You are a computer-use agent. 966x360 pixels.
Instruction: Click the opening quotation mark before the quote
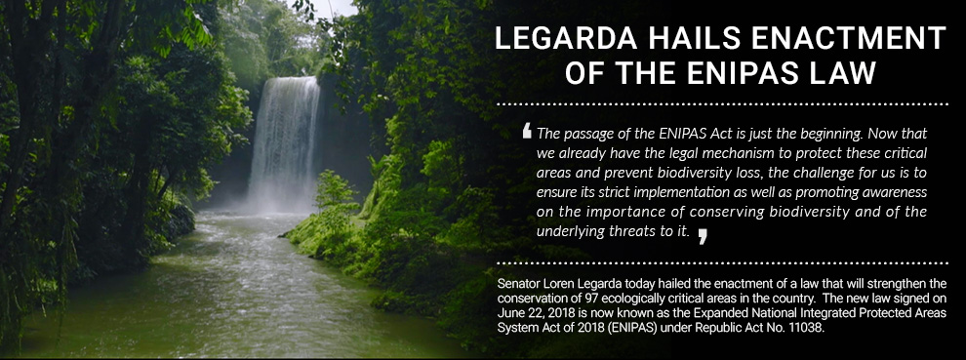point(527,131)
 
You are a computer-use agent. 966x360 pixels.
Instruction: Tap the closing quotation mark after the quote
point(703,234)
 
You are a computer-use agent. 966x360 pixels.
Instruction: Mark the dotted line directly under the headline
point(722,102)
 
